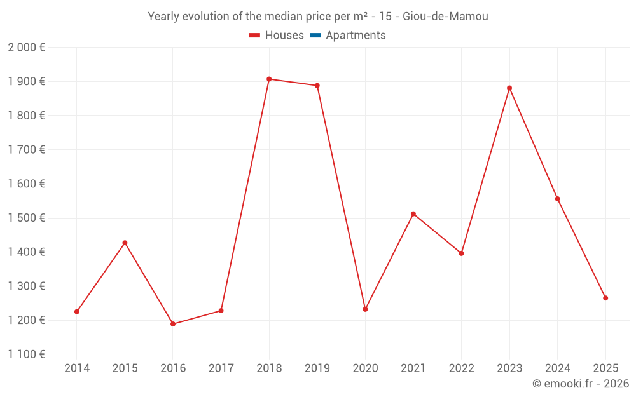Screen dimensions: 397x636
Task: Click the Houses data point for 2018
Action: [x=269, y=79]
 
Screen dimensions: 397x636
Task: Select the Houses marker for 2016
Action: [x=173, y=324]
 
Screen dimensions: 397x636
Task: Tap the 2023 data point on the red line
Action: [x=509, y=88]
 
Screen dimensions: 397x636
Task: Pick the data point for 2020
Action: [x=365, y=309]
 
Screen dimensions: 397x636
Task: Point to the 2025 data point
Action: [x=605, y=298]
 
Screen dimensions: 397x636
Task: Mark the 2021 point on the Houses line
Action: [x=413, y=214]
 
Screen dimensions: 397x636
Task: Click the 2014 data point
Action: [x=77, y=312]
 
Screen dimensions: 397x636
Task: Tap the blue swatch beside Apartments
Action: [x=315, y=36]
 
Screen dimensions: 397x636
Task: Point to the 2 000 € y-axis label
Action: [x=26, y=48]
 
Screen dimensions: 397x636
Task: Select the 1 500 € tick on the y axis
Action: [x=26, y=218]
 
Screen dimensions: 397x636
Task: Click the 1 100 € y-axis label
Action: [x=26, y=354]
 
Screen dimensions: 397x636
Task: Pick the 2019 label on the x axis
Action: [x=317, y=368]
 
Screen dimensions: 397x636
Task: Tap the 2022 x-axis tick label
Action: [x=461, y=368]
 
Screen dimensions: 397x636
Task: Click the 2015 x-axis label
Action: [x=125, y=368]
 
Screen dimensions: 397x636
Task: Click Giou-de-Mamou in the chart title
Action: [x=446, y=17]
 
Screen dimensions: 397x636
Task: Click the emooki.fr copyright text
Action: [x=581, y=384]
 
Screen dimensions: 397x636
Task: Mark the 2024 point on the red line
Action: [x=558, y=199]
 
